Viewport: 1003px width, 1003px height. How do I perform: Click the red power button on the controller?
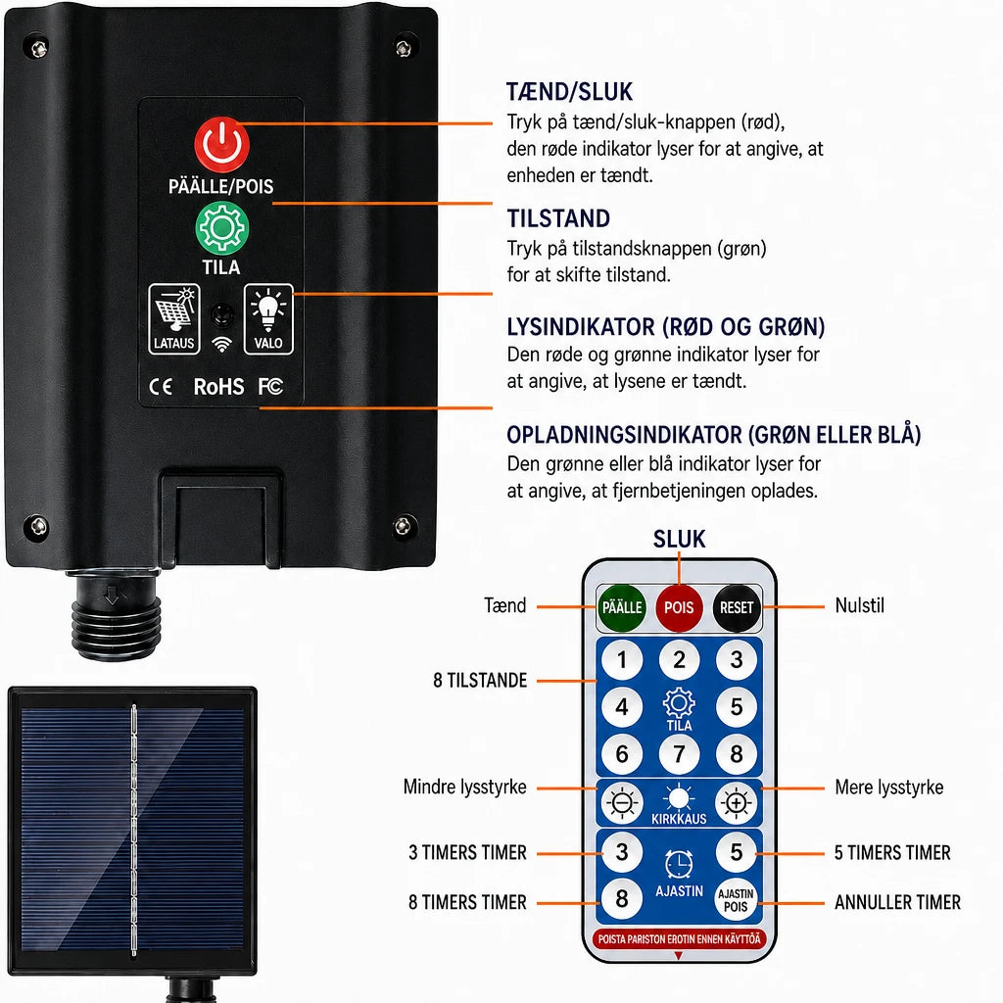coord(221,145)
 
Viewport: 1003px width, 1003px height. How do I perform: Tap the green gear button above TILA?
coord(221,228)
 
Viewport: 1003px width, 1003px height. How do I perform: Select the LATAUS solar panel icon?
coord(174,319)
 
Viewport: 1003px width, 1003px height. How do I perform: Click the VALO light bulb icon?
coord(268,319)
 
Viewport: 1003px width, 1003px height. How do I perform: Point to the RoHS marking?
coord(218,386)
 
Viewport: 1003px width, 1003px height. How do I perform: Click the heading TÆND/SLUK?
coord(569,92)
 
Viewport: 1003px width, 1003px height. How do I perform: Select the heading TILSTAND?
coord(558,218)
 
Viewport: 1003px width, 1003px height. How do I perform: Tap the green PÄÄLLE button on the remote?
coord(622,607)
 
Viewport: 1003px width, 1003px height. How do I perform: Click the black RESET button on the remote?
coord(737,607)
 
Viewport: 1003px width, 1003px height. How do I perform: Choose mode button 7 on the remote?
coord(679,754)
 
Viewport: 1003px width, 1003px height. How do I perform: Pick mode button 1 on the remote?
coord(622,659)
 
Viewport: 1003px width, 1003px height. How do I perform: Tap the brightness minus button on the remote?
coord(622,803)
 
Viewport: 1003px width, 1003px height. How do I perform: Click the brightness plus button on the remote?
coord(737,803)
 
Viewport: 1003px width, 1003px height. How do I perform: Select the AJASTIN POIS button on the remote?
coord(736,900)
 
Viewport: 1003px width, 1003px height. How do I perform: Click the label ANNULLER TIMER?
coord(897,902)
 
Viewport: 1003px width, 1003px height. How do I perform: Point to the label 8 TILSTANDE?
coord(480,680)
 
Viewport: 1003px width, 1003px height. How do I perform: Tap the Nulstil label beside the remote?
coord(860,605)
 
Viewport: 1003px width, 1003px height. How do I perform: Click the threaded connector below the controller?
coord(114,615)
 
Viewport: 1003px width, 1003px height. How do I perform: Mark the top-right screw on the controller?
coord(403,47)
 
